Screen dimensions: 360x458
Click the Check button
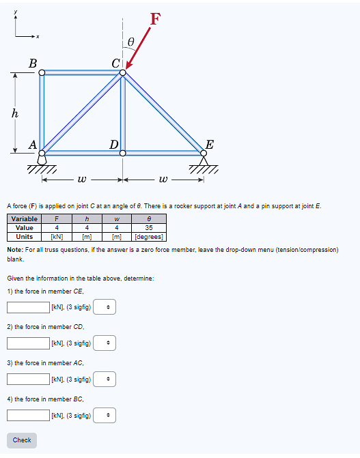[x=22, y=440]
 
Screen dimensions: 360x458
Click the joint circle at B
[x=42, y=72]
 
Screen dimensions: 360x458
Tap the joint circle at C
[x=123, y=72]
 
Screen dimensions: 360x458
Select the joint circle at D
[x=123, y=153]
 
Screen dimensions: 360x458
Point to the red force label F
[x=156, y=18]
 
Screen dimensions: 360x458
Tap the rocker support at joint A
[x=42, y=160]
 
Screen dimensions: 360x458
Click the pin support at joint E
[x=204, y=161]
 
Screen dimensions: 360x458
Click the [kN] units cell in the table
[x=58, y=237]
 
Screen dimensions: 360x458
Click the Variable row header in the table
[x=25, y=219]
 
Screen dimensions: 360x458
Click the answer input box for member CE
[x=28, y=307]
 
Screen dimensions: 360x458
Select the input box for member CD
[x=28, y=343]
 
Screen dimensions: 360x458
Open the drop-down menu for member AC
[x=105, y=379]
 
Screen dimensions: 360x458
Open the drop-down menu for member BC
[x=105, y=415]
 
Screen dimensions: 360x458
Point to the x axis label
[x=38, y=36]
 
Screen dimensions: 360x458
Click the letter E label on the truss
[x=210, y=144]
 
